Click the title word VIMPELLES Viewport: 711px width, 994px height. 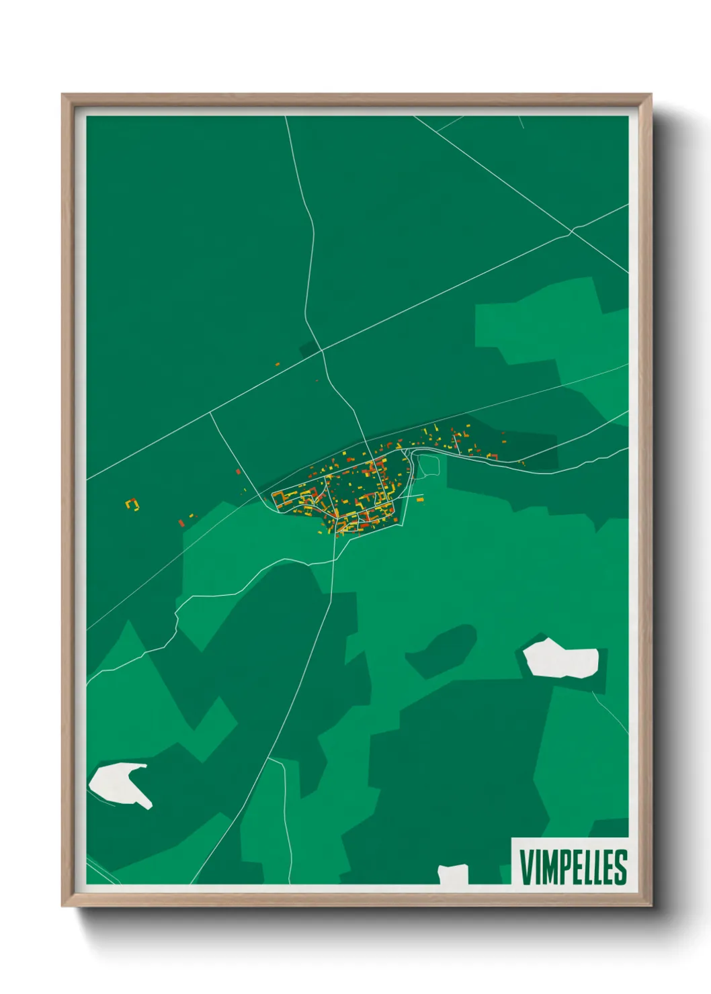tap(573, 867)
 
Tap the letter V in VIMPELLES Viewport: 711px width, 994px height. tap(526, 867)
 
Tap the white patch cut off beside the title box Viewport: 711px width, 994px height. tap(453, 874)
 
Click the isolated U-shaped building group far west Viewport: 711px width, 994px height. tap(132, 504)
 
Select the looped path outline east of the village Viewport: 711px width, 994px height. tap(428, 465)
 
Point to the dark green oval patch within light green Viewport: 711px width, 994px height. tap(442, 649)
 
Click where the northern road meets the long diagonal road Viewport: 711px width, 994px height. tap(322, 350)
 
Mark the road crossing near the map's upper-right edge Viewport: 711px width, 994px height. tap(571, 231)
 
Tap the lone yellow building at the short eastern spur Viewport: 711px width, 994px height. tap(420, 500)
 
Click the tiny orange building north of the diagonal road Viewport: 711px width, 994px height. tap(277, 364)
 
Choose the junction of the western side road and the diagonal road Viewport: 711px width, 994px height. tap(211, 412)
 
